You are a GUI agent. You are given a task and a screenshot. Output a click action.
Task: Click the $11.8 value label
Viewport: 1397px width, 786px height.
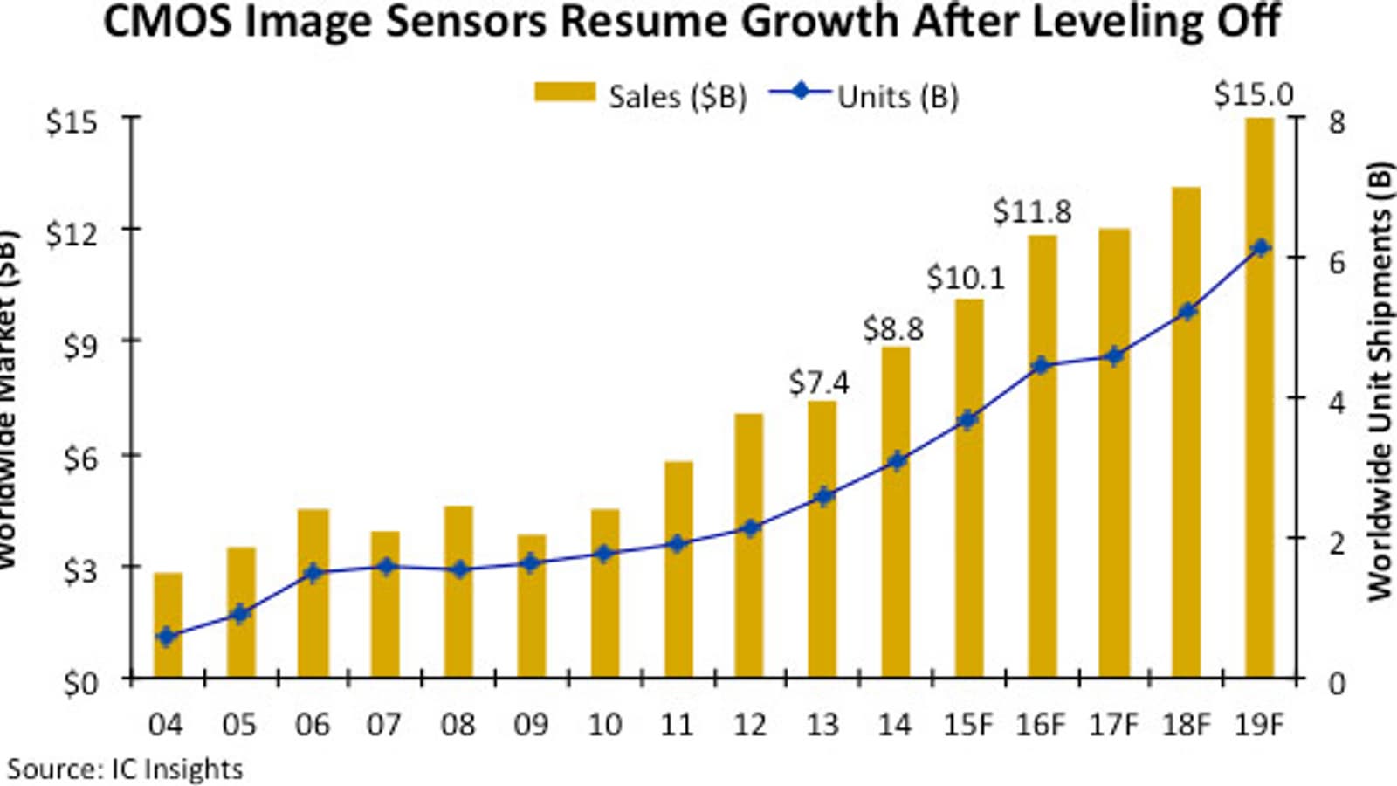click(1032, 211)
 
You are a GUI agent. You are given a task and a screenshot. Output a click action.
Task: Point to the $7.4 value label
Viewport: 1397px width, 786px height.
click(819, 383)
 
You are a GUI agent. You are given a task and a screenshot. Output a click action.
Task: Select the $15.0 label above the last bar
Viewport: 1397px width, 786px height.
click(1254, 94)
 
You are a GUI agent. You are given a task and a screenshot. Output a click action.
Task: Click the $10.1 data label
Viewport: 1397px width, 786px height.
click(966, 278)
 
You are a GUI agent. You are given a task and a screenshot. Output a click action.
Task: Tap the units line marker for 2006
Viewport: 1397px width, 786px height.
click(313, 574)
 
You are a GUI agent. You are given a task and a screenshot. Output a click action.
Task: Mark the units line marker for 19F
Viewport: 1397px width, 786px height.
click(1259, 248)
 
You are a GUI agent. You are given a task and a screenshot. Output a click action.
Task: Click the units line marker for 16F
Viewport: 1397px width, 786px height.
click(1041, 366)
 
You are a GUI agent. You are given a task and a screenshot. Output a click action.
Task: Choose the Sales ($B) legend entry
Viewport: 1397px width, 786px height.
click(642, 96)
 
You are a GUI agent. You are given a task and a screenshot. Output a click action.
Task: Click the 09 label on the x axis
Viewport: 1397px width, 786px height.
click(531, 725)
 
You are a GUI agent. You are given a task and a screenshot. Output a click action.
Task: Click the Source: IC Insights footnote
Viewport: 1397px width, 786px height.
click(126, 769)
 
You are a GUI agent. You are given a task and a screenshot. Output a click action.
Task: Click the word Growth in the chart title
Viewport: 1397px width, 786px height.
click(817, 21)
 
